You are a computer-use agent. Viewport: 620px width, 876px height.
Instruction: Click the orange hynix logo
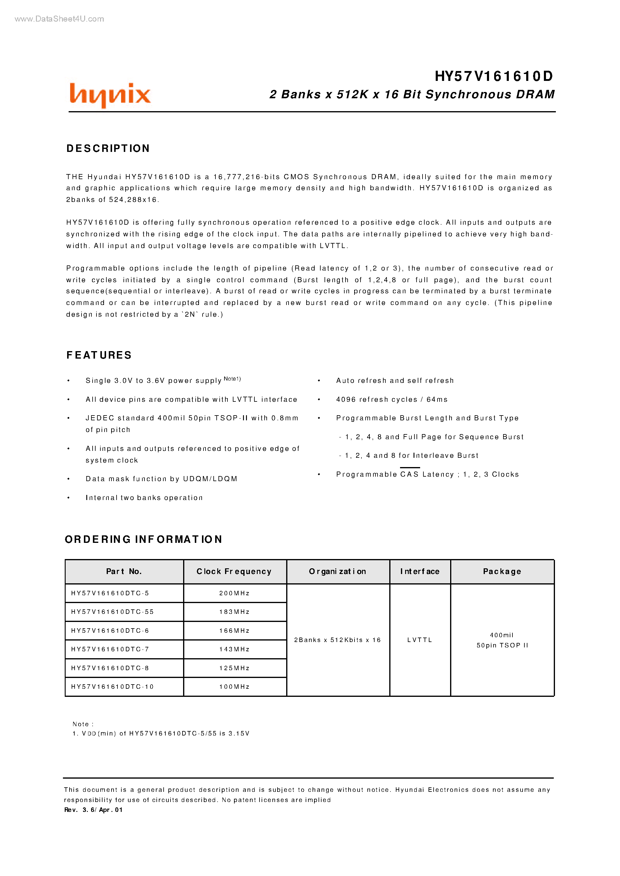click(x=110, y=95)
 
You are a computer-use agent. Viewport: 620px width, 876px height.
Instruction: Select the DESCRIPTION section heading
click(x=108, y=149)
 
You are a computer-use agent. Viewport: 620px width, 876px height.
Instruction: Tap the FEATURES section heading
click(x=99, y=355)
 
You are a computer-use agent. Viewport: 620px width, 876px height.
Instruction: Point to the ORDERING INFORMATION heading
click(x=144, y=539)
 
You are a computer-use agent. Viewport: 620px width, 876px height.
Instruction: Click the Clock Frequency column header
click(x=234, y=571)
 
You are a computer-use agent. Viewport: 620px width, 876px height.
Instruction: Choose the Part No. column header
click(x=124, y=571)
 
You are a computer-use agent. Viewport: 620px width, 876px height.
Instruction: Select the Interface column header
click(x=420, y=571)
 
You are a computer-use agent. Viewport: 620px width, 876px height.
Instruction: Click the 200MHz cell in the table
click(x=234, y=593)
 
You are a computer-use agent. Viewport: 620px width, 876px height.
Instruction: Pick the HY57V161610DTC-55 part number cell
click(x=112, y=612)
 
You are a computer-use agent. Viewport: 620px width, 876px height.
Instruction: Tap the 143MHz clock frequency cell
click(x=234, y=649)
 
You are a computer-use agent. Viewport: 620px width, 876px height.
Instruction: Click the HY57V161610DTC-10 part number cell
click(x=112, y=687)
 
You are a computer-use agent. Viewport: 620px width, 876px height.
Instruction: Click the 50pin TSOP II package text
click(x=502, y=645)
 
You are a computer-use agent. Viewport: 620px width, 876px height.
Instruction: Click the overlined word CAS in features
click(x=410, y=475)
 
